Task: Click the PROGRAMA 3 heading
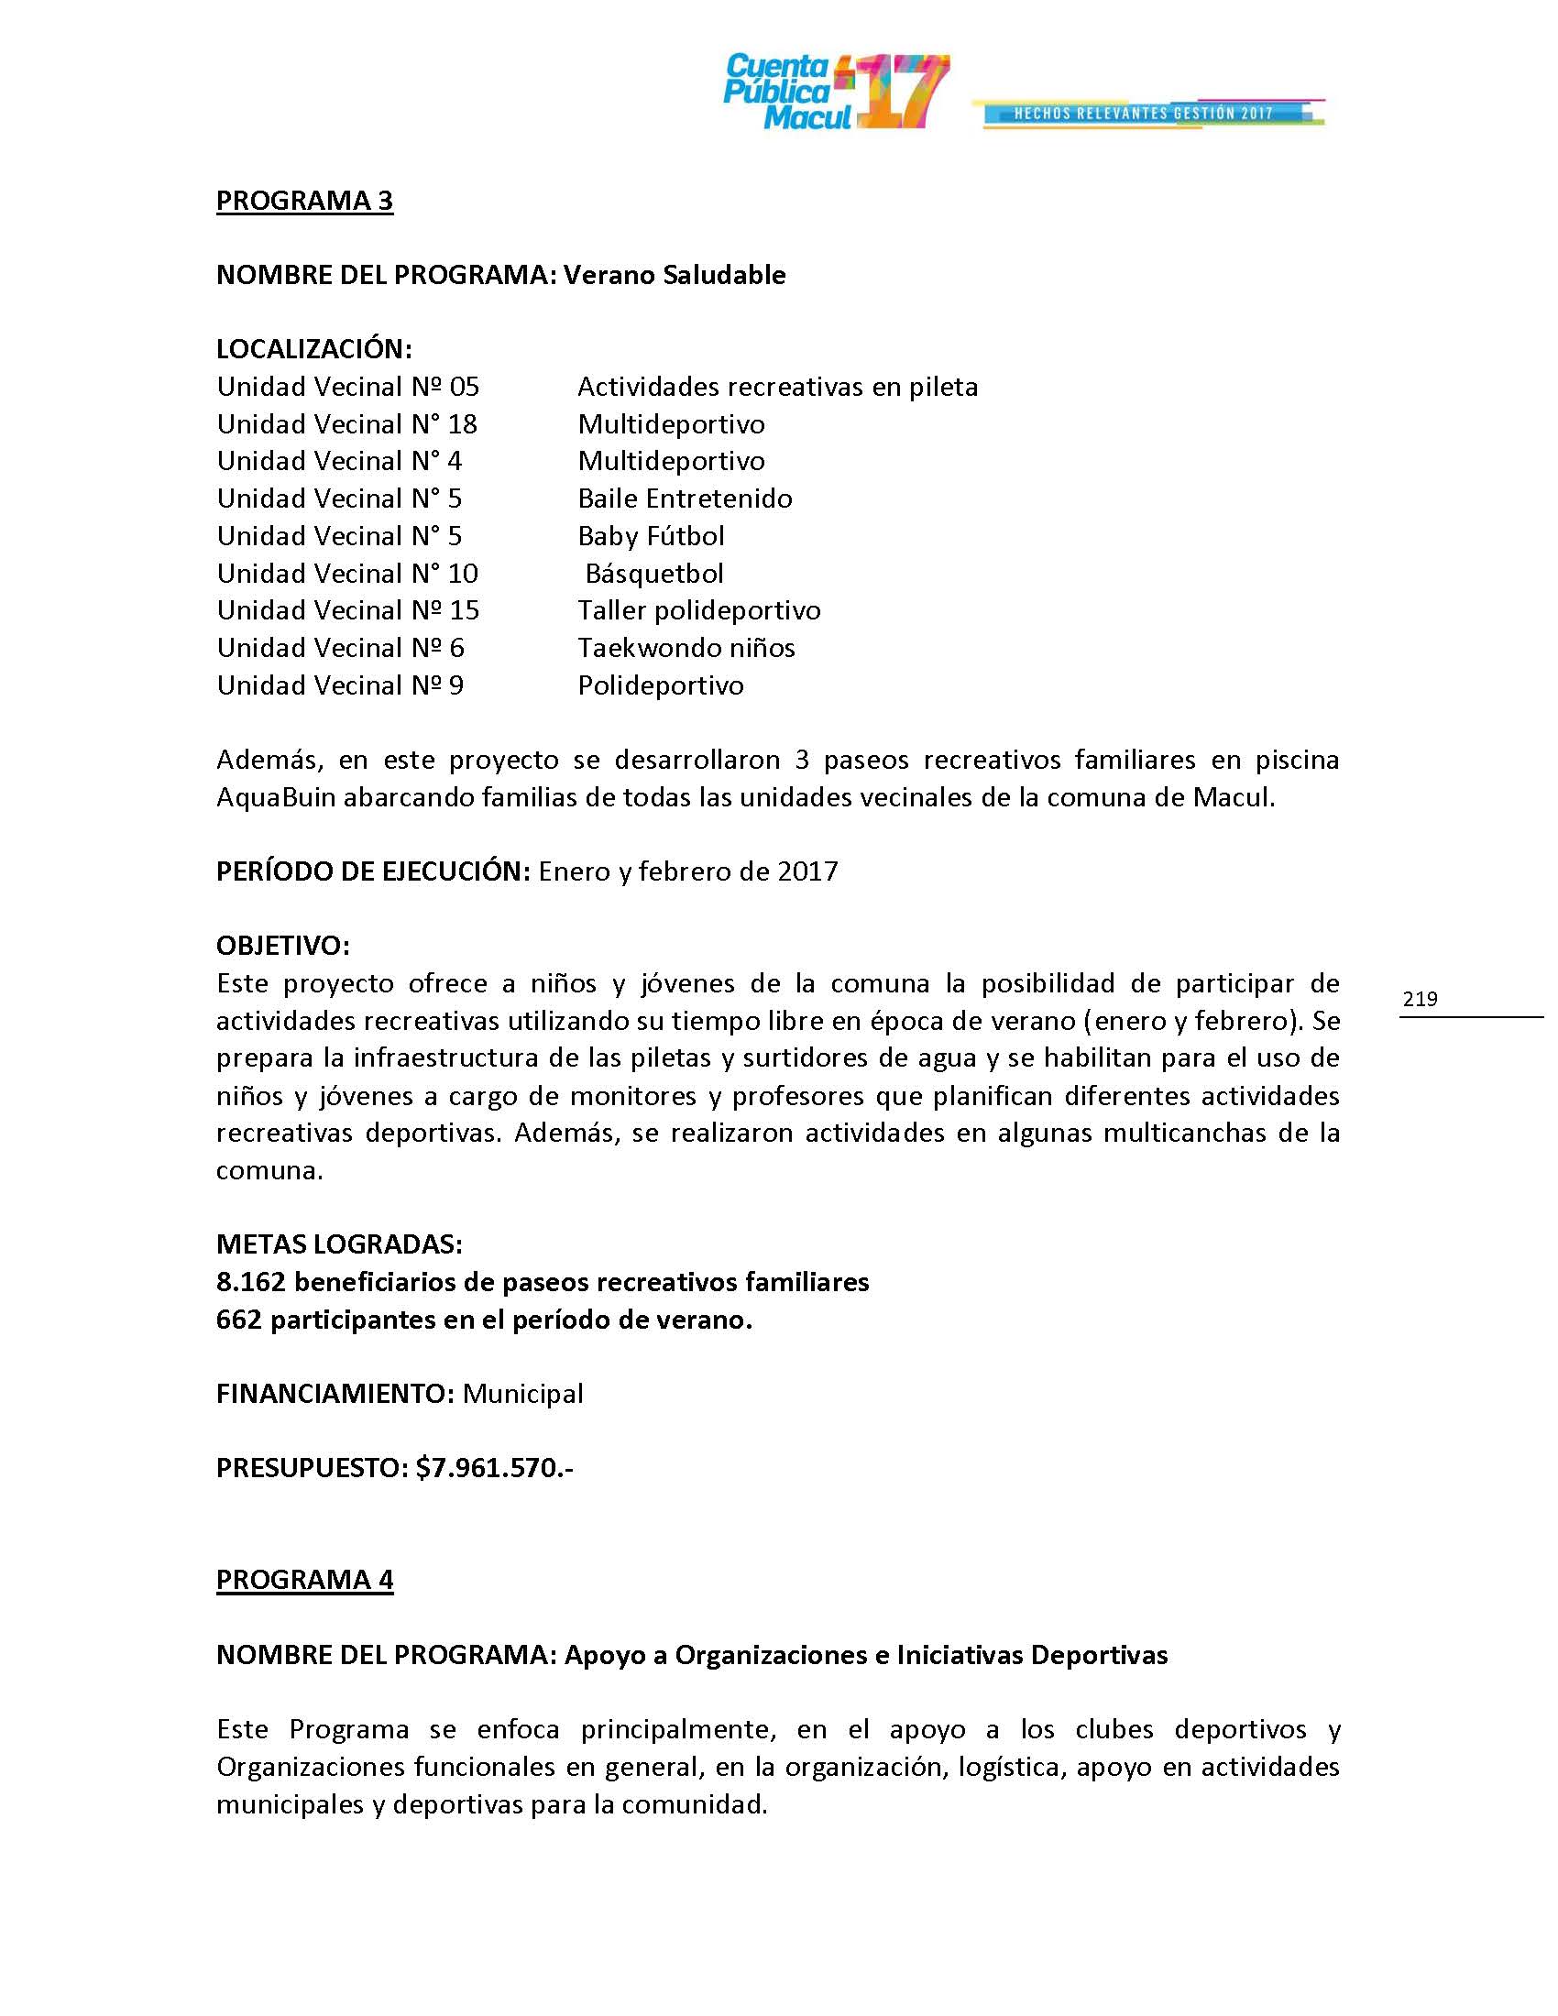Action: click(x=304, y=201)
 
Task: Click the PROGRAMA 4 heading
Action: click(x=304, y=1580)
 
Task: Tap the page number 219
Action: click(x=1420, y=998)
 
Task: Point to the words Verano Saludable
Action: click(x=675, y=275)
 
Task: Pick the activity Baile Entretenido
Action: click(x=685, y=499)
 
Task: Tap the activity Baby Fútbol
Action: click(x=651, y=536)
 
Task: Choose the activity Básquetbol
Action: click(x=654, y=574)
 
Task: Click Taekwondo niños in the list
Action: click(x=686, y=648)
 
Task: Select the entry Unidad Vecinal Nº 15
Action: click(x=348, y=610)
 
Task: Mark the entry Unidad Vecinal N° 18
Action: click(x=347, y=424)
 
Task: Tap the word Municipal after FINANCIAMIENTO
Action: click(x=522, y=1394)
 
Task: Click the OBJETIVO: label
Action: click(x=282, y=946)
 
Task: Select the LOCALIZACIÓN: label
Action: click(x=313, y=349)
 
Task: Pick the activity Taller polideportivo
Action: click(x=698, y=610)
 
